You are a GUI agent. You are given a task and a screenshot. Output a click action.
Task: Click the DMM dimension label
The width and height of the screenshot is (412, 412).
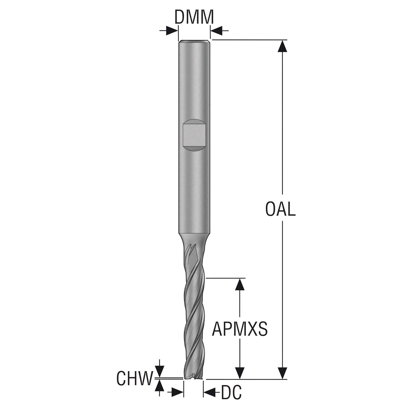tap(194, 17)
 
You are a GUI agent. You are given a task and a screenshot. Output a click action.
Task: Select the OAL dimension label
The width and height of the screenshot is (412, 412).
tap(280, 209)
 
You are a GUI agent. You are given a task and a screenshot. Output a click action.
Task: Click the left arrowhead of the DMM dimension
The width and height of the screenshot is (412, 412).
tap(172, 31)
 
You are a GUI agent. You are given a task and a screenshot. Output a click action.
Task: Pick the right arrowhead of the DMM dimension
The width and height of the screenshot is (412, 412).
tap(216, 31)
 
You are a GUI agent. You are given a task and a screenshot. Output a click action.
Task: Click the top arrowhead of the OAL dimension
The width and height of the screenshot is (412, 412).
tap(282, 46)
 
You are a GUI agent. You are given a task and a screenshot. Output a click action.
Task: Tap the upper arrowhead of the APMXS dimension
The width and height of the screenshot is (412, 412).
tap(240, 284)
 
